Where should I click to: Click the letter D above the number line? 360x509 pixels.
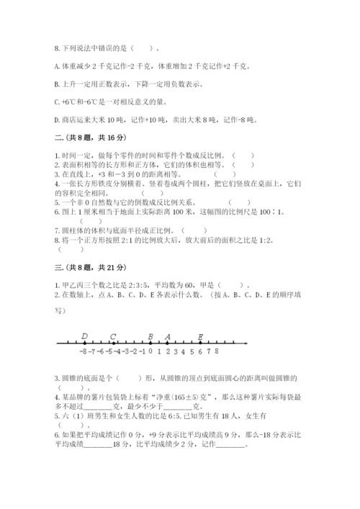tap(84, 336)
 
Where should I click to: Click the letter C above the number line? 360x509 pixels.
tap(113, 336)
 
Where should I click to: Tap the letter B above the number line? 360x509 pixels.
tap(150, 336)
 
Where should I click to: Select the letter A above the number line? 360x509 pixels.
tap(168, 336)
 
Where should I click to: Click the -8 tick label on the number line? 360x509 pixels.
tap(84, 353)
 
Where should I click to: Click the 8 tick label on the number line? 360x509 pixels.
tap(216, 352)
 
